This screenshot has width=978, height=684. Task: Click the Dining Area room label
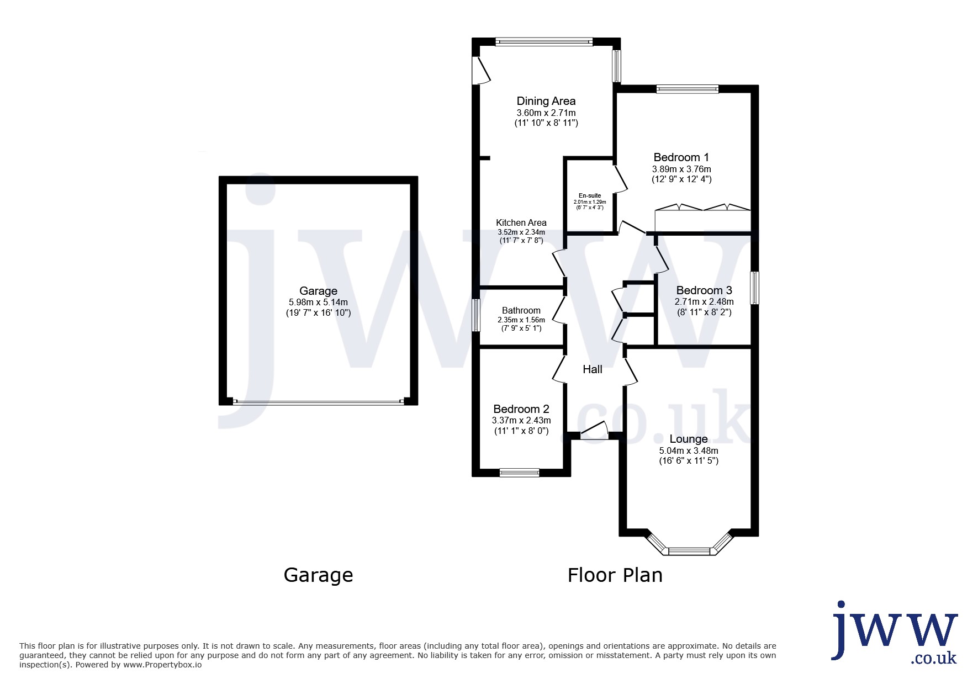[546, 101]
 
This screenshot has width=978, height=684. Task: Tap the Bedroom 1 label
[681, 157]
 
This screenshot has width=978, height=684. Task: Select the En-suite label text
[590, 195]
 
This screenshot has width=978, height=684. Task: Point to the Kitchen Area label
[521, 222]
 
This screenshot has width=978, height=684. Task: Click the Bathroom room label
[521, 310]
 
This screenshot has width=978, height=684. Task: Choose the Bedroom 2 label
[521, 409]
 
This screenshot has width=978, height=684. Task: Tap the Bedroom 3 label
[704, 290]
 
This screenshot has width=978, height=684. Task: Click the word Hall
[593, 369]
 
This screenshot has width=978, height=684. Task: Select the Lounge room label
[689, 439]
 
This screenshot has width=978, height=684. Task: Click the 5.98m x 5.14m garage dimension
[318, 303]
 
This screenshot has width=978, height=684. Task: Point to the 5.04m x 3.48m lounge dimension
[689, 450]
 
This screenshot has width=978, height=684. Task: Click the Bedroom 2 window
[519, 473]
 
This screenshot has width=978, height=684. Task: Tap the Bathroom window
[475, 315]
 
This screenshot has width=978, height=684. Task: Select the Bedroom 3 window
[754, 287]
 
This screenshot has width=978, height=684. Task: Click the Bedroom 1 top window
[688, 88]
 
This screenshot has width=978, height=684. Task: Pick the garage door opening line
[318, 402]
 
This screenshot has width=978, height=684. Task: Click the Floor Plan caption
[615, 575]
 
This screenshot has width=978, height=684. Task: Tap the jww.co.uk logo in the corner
[895, 632]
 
